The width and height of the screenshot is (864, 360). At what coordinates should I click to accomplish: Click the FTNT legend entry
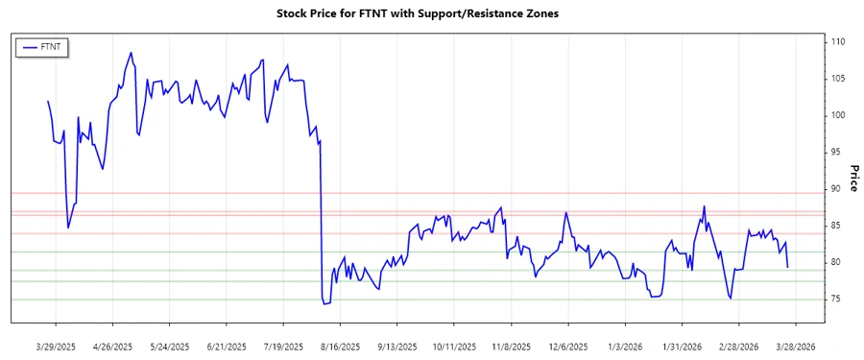tap(42, 46)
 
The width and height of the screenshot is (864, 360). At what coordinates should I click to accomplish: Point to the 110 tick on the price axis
tap(839, 42)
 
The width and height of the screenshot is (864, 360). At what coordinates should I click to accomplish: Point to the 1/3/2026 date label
tap(629, 346)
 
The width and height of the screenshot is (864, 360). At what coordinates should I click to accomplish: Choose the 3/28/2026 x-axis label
tap(795, 346)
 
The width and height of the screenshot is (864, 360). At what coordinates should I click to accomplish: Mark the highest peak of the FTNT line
tap(131, 53)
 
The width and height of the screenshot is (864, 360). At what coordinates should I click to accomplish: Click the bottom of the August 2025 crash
tap(324, 304)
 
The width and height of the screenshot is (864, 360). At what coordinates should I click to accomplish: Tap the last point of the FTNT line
tap(788, 267)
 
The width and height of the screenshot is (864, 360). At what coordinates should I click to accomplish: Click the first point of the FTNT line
tap(48, 101)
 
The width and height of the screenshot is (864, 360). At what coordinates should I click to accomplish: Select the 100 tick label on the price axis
tap(839, 115)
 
